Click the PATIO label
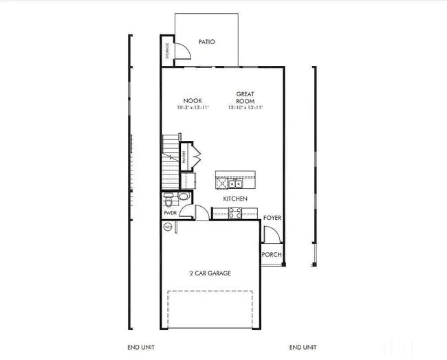[x=206, y=42]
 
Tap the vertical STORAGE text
[x=167, y=50]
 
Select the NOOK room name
[x=193, y=100]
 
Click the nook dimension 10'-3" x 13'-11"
[x=193, y=108]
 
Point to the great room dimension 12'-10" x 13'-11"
[x=246, y=108]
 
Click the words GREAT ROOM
[x=246, y=97]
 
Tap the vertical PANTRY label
[x=184, y=157]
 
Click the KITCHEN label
[x=235, y=199]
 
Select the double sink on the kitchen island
[x=235, y=183]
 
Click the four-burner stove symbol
[x=234, y=214]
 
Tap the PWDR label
[x=170, y=213]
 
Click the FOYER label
[x=272, y=218]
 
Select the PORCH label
[x=272, y=254]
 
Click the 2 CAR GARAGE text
[x=210, y=273]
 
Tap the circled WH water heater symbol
[x=167, y=227]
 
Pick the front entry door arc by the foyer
[x=272, y=234]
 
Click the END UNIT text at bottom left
[x=141, y=347]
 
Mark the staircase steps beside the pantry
[x=170, y=161]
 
